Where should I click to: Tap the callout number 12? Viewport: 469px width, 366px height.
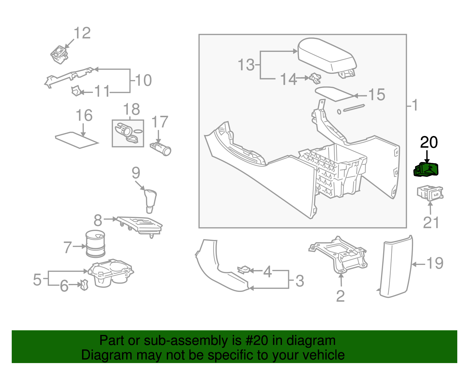click(x=82, y=33)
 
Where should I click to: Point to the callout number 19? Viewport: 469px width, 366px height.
click(x=435, y=263)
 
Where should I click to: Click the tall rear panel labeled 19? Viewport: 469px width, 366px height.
click(x=396, y=267)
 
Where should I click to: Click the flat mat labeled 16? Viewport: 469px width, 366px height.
click(x=77, y=140)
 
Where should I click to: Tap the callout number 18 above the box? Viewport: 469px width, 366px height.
click(x=132, y=110)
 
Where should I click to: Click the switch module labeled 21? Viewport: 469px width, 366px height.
click(x=430, y=193)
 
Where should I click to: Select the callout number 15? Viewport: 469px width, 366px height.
click(x=376, y=95)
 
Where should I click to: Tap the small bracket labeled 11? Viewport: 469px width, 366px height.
click(x=77, y=91)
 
